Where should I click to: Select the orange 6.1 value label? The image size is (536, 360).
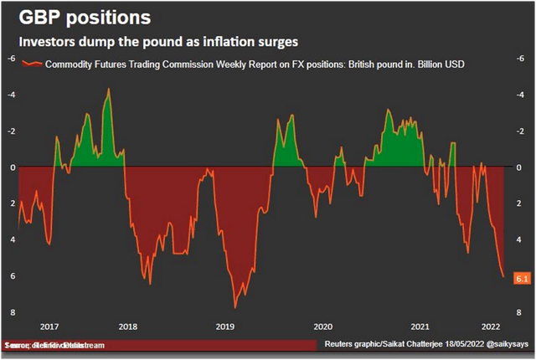(x=519, y=276)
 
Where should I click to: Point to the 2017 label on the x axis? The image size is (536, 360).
(x=48, y=326)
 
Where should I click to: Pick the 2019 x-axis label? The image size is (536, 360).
(x=224, y=326)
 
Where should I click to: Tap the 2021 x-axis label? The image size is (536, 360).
(x=420, y=326)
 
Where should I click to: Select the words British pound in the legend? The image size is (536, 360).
(x=340, y=64)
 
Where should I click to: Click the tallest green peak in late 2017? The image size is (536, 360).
(x=108, y=89)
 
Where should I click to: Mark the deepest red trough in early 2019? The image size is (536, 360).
(x=235, y=306)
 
